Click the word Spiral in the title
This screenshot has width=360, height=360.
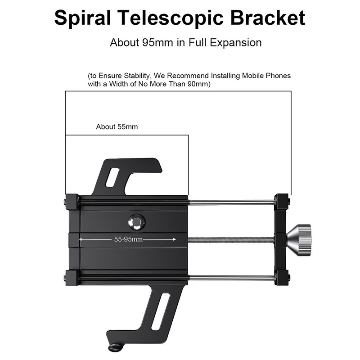click(x=83, y=18)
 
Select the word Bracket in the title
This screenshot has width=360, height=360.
click(x=268, y=18)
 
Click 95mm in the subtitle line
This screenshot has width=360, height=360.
click(x=157, y=42)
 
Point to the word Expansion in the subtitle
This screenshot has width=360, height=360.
click(x=236, y=43)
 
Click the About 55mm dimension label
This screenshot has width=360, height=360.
click(x=117, y=127)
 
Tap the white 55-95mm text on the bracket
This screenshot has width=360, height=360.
click(x=128, y=239)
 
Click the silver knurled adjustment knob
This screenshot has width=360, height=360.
click(x=299, y=240)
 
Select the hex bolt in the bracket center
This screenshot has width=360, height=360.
click(x=137, y=222)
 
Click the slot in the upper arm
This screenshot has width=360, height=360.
click(x=112, y=177)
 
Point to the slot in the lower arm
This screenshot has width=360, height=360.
click(x=161, y=311)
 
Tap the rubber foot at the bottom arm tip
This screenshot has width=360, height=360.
click(x=116, y=347)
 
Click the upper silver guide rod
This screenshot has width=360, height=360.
click(x=232, y=202)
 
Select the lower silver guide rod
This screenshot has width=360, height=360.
click(x=232, y=278)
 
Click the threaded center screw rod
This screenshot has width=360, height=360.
click(x=231, y=240)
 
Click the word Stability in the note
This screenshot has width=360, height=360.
click(x=136, y=76)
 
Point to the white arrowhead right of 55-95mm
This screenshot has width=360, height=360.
click(x=174, y=239)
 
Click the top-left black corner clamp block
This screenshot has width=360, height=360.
click(x=72, y=202)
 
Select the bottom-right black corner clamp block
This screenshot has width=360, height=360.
click(x=282, y=277)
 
